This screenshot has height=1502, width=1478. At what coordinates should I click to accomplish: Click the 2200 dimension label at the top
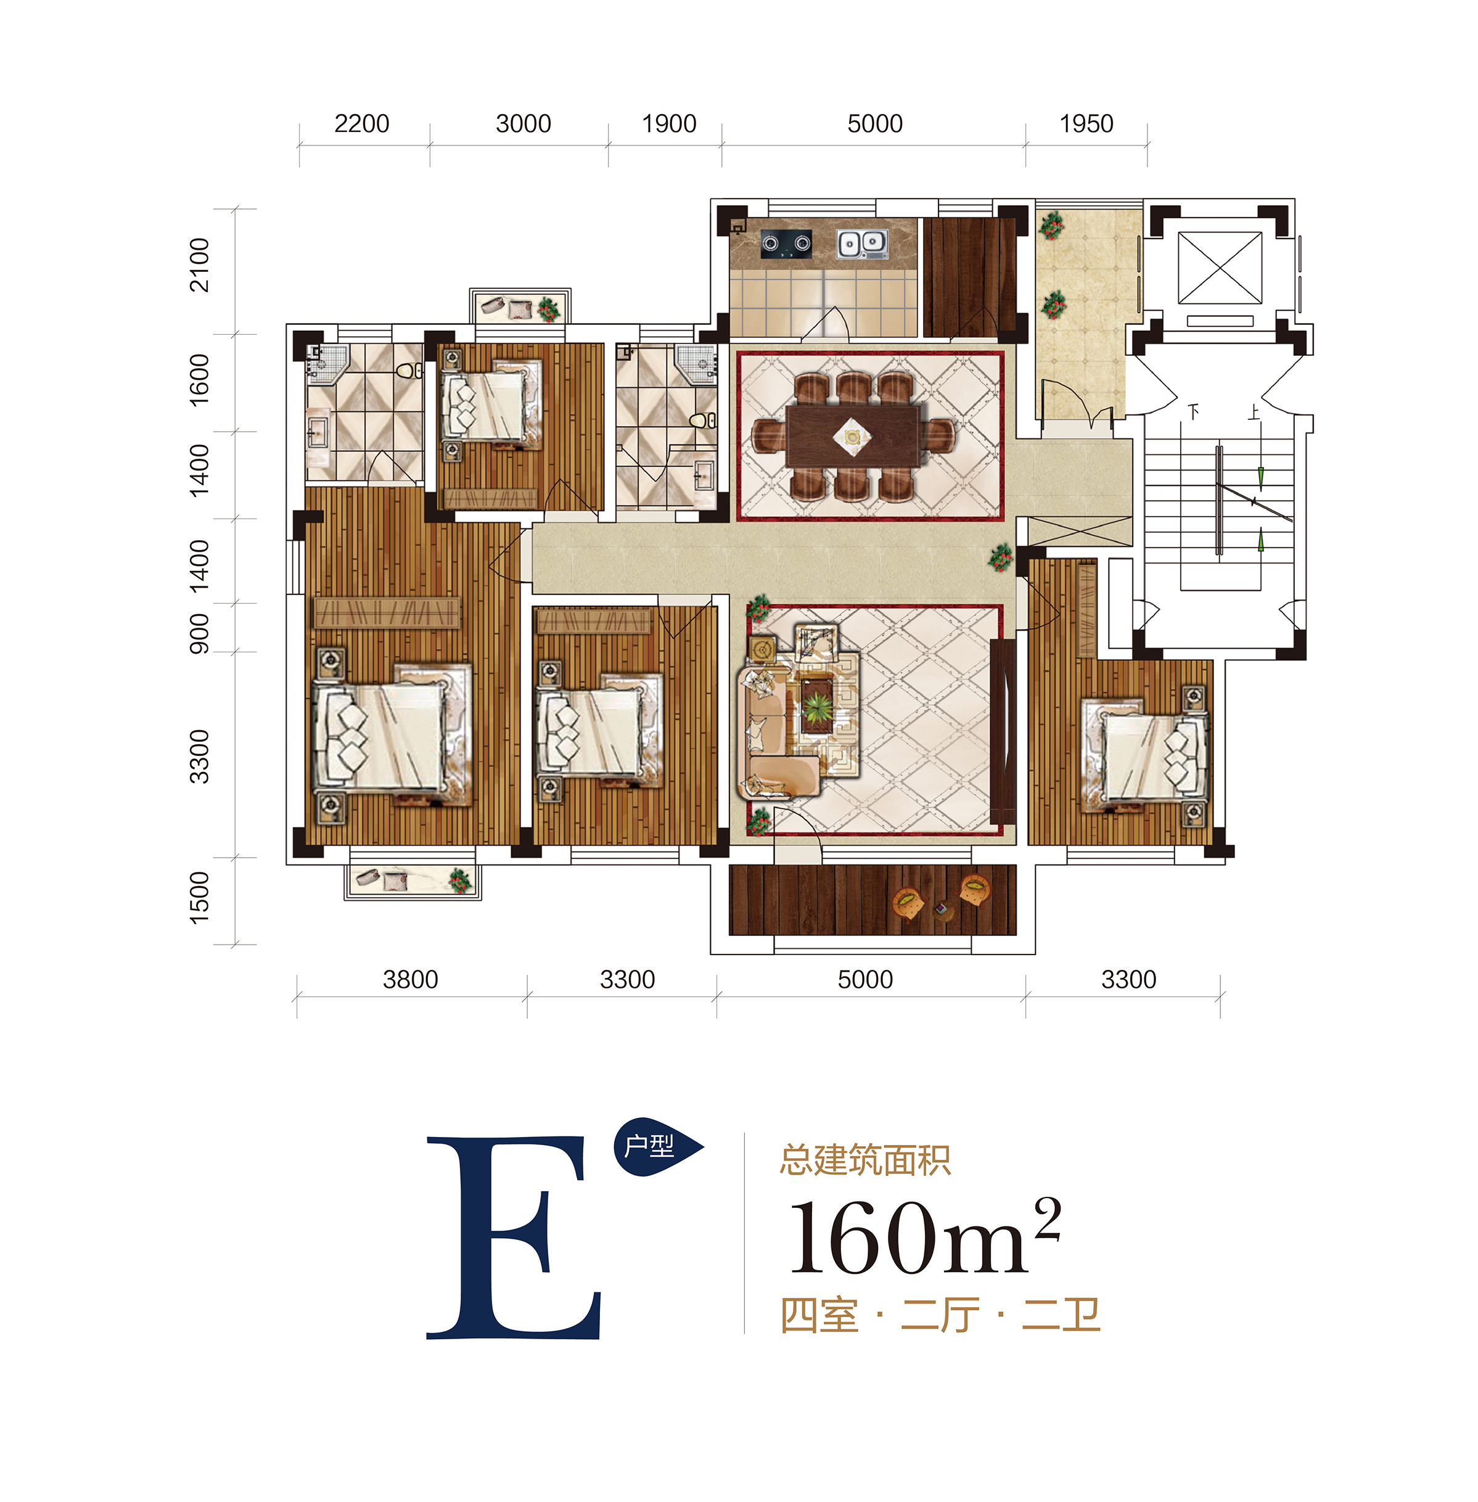coord(362,123)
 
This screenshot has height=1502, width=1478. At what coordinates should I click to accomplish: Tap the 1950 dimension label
coord(1086,123)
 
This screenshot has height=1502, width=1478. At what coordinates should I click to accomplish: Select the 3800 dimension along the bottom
coord(410,980)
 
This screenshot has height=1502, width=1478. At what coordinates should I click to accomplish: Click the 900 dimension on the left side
coord(200,633)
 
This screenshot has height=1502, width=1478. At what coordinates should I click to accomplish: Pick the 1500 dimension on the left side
coord(200,898)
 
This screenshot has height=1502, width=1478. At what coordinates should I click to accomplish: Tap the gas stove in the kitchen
coord(786,243)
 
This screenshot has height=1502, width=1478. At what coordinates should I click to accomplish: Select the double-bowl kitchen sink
coord(861,244)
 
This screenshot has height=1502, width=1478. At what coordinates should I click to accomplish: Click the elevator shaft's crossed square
coord(1220,269)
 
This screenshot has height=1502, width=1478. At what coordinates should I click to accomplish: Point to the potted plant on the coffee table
coord(816,708)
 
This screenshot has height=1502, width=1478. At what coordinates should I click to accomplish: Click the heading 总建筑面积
coord(864,1160)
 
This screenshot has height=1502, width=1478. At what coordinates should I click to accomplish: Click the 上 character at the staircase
coord(1254,411)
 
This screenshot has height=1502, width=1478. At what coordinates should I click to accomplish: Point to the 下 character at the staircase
coord(1193,411)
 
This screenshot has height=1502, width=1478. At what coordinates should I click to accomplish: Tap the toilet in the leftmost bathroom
coord(409,371)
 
